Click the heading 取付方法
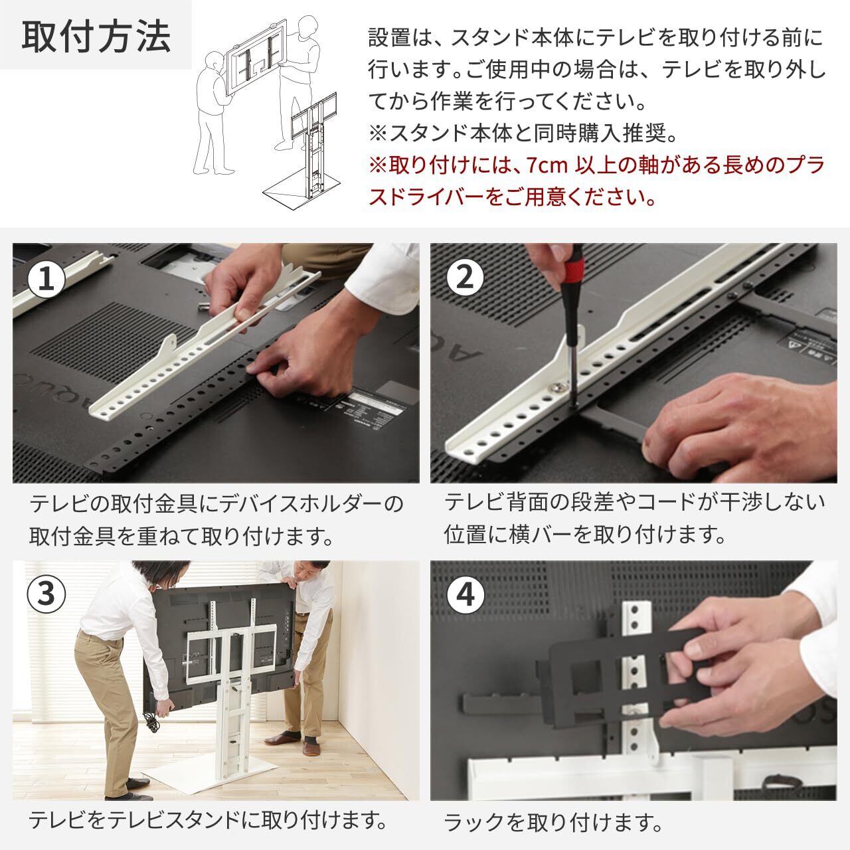coord(96,37)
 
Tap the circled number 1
coord(46,280)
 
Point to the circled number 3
coord(46,594)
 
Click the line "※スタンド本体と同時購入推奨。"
coord(523,133)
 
